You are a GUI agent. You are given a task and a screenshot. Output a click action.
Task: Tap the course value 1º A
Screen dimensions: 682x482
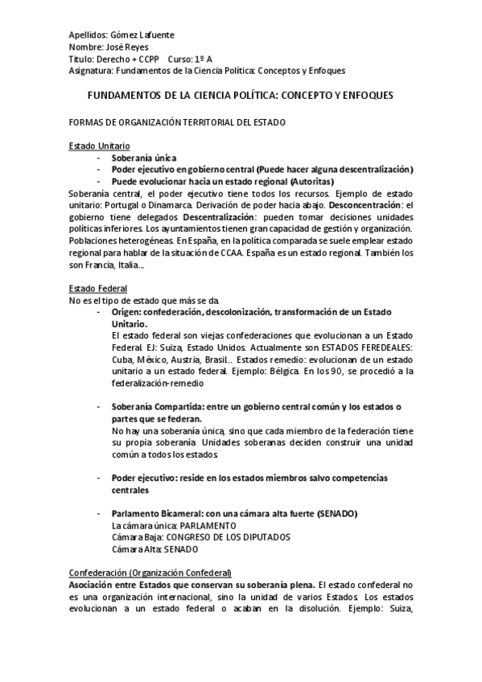(x=203, y=60)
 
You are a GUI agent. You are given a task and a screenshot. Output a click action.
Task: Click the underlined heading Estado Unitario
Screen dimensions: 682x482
(x=98, y=146)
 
